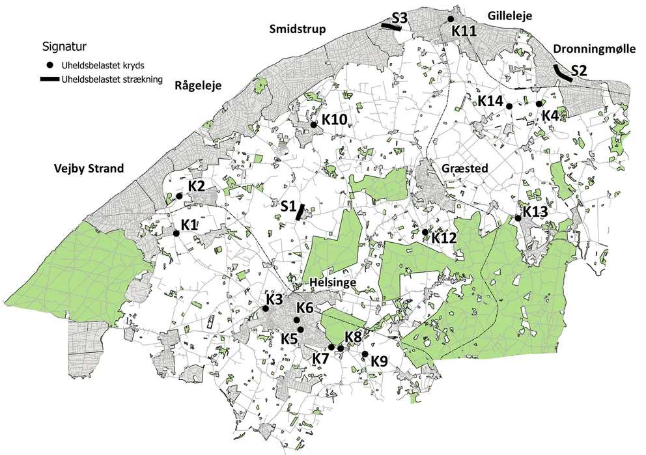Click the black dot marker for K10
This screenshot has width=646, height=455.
[313, 124]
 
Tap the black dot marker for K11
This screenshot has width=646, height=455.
[451, 20]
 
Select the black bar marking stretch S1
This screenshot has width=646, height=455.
[300, 212]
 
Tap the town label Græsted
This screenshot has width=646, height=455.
[465, 168]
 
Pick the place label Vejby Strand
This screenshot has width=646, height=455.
[89, 169]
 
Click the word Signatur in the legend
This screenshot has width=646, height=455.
[64, 47]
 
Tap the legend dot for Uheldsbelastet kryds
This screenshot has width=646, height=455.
[50, 66]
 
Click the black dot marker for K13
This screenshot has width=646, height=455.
[518, 218]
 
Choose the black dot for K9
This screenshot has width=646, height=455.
[365, 354]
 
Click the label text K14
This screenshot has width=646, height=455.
[490, 100]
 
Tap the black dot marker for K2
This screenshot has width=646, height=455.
[179, 196]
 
